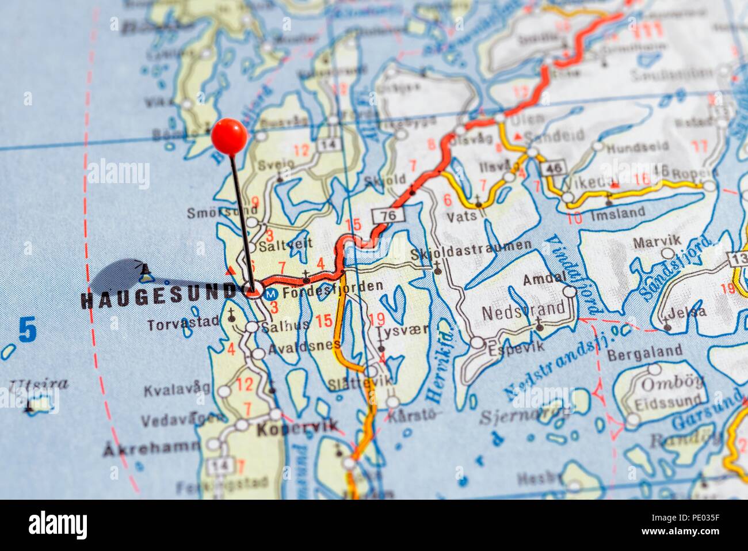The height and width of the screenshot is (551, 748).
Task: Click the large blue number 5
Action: pos(27,330)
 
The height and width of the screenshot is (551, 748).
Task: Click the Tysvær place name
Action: pos(394,333)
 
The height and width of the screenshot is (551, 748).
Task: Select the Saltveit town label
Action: pos(286,244)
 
